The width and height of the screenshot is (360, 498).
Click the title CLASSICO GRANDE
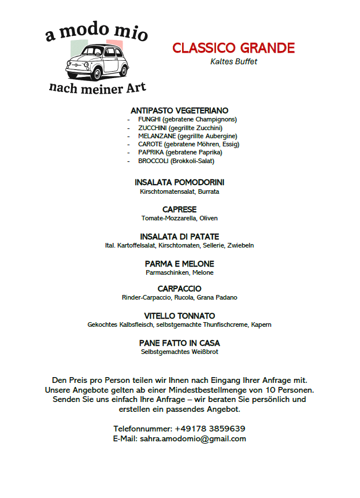[233, 48]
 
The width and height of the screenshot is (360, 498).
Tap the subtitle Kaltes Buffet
[233, 61]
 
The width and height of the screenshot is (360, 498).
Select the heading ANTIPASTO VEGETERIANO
[179, 110]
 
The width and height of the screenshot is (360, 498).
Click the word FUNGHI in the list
[149, 119]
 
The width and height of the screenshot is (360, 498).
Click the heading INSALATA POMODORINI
[179, 182]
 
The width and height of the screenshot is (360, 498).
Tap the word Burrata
[208, 191]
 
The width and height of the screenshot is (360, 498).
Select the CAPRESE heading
[179, 209]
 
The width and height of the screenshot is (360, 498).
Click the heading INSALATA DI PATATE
[179, 237]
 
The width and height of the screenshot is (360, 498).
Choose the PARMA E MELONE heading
[179, 264]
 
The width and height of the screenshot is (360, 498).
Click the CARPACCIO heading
[179, 289]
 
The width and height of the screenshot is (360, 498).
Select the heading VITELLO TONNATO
[179, 316]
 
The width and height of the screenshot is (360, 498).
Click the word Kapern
[261, 324]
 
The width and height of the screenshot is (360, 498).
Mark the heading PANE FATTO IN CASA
[179, 343]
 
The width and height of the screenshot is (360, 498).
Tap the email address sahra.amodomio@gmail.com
[193, 438]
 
